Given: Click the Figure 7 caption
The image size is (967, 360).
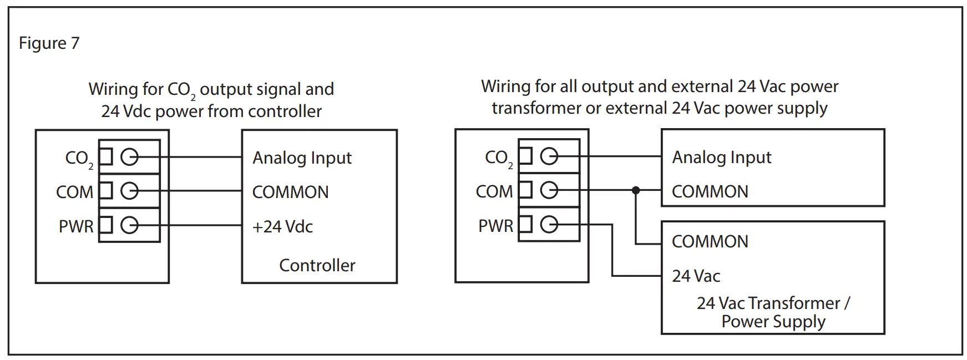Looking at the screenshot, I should tap(49, 43).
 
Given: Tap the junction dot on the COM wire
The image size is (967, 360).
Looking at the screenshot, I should tap(636, 190).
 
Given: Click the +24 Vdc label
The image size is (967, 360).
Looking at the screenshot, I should tap(282, 226).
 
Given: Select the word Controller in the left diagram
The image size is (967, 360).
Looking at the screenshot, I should tap(317, 265).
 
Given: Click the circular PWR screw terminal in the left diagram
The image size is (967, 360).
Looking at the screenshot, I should tap(129, 225).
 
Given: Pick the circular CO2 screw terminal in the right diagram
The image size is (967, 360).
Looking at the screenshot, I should tap(549, 156).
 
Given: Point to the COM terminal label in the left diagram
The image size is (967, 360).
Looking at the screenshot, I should tap(74, 192).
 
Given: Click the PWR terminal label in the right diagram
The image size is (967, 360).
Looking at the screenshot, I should tap(495, 226).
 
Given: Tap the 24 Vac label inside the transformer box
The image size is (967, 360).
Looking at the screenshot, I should tap(696, 276).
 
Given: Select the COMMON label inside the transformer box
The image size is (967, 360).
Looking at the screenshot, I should tap(710, 241).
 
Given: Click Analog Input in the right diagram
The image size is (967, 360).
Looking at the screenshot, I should tap(721, 158).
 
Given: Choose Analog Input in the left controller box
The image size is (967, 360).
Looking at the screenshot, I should tap(302, 158).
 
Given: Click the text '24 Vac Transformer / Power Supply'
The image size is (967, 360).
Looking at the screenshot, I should tap(773, 312).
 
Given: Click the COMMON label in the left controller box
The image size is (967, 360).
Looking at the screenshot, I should tap(290, 192).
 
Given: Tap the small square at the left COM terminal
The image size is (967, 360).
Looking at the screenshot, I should tap(106, 191).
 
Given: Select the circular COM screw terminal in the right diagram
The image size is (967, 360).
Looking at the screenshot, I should tap(549, 190).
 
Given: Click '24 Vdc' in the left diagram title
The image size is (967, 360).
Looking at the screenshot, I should tap(126, 111).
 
